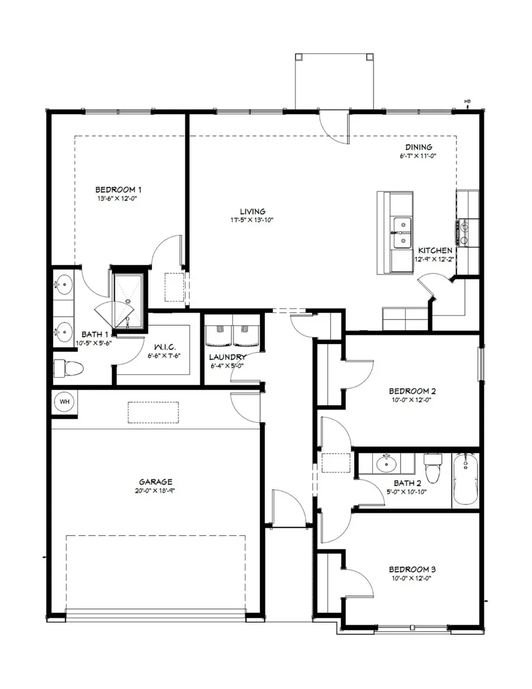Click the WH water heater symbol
pos(64,402)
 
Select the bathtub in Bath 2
pos(465,478)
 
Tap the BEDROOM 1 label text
pos(119,190)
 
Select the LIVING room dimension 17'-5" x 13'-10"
pos(252,220)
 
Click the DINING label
pos(419,147)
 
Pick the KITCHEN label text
pos(436,251)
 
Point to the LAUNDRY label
pos(228,357)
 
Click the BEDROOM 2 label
pos(412,391)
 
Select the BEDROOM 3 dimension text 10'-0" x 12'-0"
pos(412,578)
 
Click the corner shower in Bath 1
pos(127,299)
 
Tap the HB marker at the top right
pos(467,102)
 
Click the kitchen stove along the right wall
pos(465,232)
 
